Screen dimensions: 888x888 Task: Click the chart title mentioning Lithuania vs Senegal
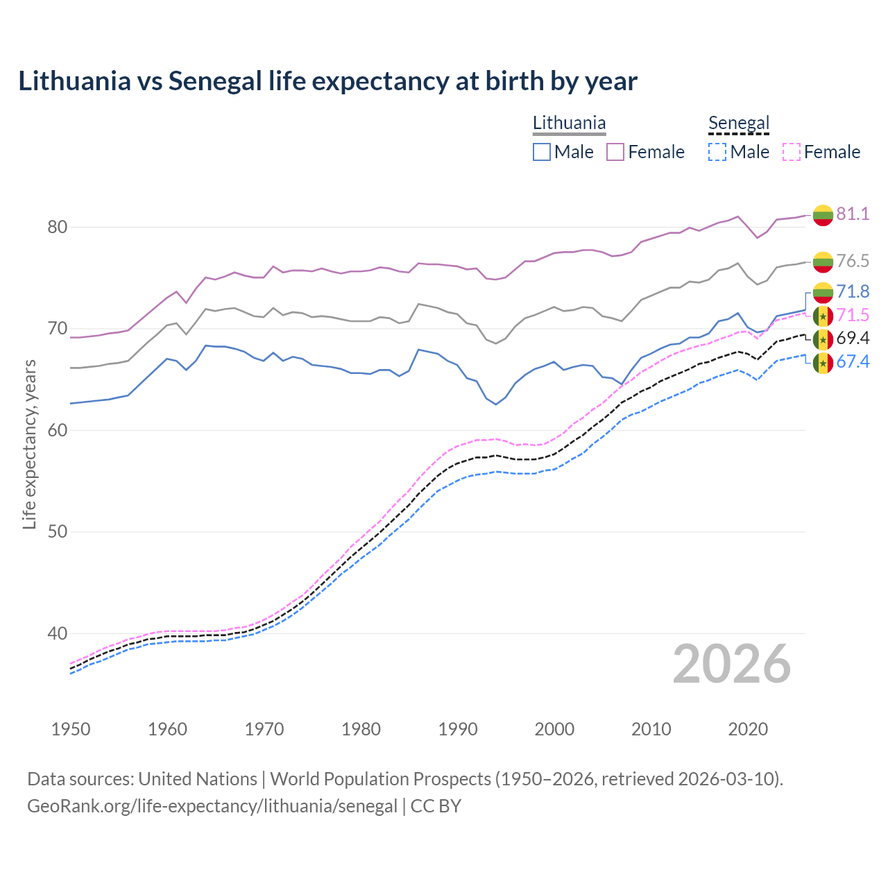click(327, 81)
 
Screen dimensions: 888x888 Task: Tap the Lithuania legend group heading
click(569, 123)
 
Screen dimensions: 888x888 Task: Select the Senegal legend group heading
click(739, 123)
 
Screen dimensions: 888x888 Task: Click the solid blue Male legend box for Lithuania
click(542, 152)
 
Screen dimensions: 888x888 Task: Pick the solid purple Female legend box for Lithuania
click(615, 152)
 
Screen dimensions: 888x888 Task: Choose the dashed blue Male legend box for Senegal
click(717, 152)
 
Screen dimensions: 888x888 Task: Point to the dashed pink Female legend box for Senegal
click(791, 152)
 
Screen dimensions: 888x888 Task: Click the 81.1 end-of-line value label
click(853, 214)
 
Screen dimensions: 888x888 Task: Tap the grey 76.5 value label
click(853, 261)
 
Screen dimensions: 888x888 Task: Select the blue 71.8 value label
click(853, 291)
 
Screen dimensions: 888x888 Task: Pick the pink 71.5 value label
click(853, 315)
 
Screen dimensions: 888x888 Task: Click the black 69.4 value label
click(853, 338)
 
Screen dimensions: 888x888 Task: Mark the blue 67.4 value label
click(853, 361)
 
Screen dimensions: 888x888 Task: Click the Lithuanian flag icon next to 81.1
click(823, 214)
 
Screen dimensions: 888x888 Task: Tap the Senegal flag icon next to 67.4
click(823, 362)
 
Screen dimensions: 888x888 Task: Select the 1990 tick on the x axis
click(458, 729)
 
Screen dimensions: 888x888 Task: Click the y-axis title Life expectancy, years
click(30, 444)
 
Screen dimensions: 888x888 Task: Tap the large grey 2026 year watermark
click(732, 664)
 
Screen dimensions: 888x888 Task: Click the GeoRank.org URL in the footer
click(212, 806)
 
